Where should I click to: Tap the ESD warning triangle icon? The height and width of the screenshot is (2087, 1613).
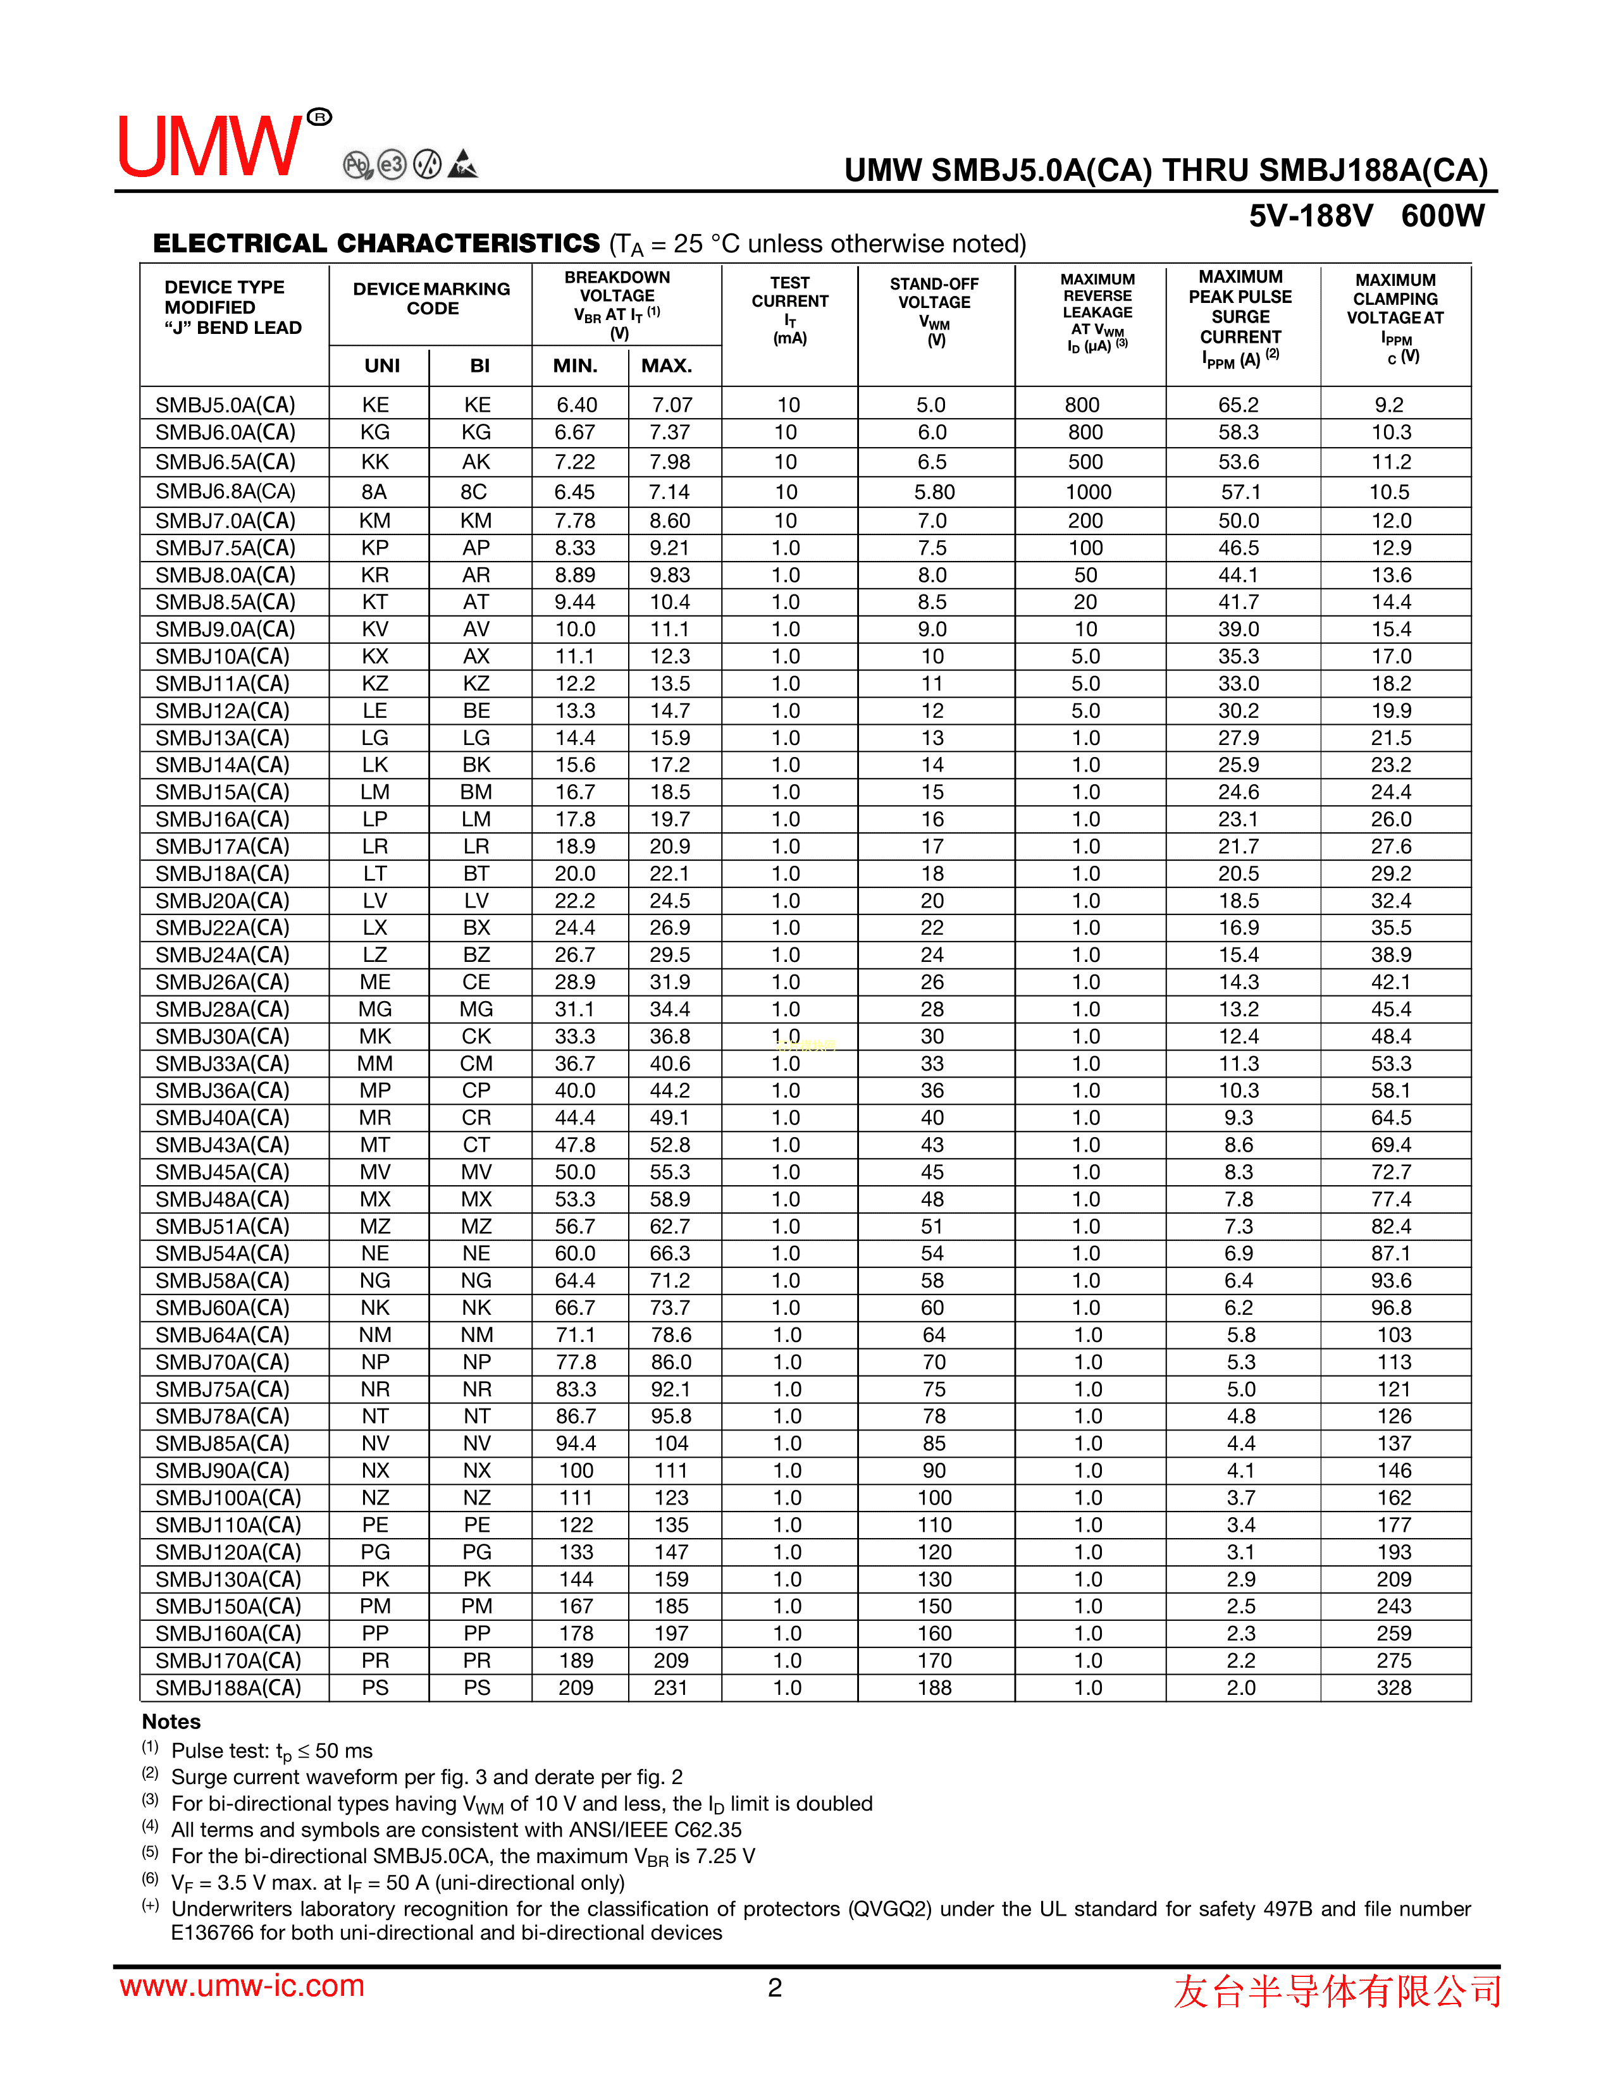point(462,164)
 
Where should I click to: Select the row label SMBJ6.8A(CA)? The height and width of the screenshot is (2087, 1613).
point(226,492)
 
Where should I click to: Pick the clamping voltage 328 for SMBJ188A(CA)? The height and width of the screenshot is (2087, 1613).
point(1394,1687)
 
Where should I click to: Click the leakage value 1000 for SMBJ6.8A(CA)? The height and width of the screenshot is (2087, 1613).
point(1087,492)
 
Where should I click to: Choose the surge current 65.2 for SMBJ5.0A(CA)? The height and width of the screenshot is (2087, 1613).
point(1239,405)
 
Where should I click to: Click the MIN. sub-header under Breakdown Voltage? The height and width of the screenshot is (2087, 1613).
point(575,366)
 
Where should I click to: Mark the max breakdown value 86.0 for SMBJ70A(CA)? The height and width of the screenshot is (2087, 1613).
point(671,1362)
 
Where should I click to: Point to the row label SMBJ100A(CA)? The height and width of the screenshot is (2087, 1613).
point(228,1498)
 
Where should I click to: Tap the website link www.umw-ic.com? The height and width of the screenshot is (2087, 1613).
point(242,1986)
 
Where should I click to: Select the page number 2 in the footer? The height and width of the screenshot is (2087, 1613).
point(775,1988)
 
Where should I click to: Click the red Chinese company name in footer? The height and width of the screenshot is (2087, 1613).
point(1337,1990)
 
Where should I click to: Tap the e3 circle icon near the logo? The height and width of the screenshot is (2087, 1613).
point(392,164)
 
